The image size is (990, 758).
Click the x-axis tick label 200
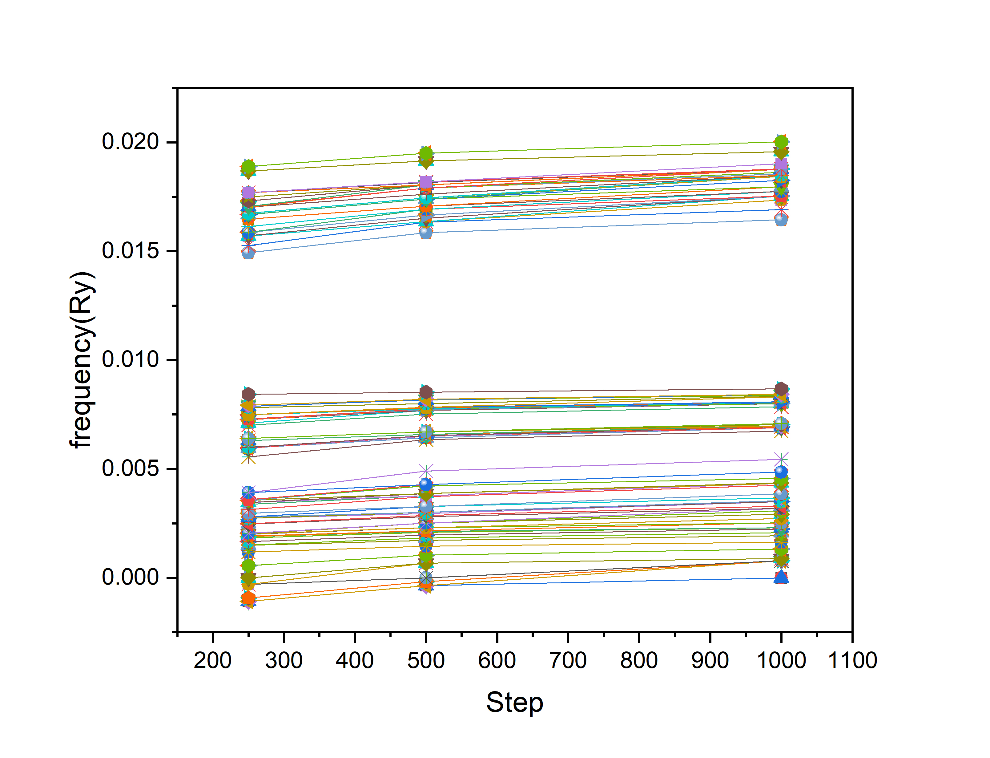tap(212, 661)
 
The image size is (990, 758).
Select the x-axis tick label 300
tap(284, 661)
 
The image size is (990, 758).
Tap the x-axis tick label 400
tap(355, 661)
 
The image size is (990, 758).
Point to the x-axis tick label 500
tap(426, 661)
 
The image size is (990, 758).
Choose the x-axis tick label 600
tap(497, 661)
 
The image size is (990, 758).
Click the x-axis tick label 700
tap(568, 661)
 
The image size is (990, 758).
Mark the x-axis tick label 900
tap(710, 661)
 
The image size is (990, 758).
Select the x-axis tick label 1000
tap(781, 661)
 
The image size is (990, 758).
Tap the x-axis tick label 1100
tap(852, 661)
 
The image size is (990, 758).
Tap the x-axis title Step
tap(514, 703)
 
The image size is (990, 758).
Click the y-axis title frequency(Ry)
tap(82, 360)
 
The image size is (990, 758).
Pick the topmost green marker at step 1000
tap(781, 142)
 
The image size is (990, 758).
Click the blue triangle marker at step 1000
tap(781, 577)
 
